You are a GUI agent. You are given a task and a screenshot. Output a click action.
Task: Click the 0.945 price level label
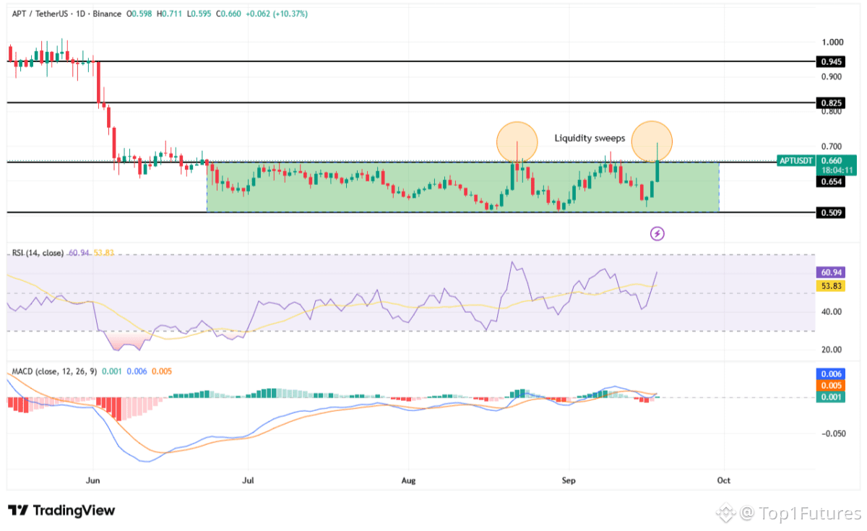pyautogui.click(x=830, y=61)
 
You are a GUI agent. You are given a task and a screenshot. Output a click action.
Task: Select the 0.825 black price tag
pyautogui.click(x=830, y=103)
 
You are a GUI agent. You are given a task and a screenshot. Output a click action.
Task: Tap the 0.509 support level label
pyautogui.click(x=830, y=212)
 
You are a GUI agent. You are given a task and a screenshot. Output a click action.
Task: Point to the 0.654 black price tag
pyautogui.click(x=830, y=181)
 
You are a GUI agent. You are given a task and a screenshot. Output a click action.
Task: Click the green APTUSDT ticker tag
pyautogui.click(x=795, y=160)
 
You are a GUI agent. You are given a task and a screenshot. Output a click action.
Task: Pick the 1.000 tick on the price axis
pyautogui.click(x=832, y=42)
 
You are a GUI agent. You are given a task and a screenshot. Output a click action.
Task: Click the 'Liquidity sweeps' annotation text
pyautogui.click(x=590, y=138)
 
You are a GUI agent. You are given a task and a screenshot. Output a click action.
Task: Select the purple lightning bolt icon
pyautogui.click(x=657, y=233)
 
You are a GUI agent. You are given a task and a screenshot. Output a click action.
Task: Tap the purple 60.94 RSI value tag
pyautogui.click(x=830, y=272)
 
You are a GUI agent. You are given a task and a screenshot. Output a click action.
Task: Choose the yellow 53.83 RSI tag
pyautogui.click(x=830, y=286)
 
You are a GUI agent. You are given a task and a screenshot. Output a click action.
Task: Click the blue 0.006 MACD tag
pyautogui.click(x=830, y=374)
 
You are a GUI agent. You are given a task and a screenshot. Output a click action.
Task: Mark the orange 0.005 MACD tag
pyautogui.click(x=830, y=386)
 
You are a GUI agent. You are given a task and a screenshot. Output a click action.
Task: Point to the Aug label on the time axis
pyautogui.click(x=408, y=480)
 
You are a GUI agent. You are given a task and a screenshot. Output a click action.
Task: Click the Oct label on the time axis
pyautogui.click(x=723, y=480)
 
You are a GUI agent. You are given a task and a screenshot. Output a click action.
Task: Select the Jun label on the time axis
pyautogui.click(x=93, y=480)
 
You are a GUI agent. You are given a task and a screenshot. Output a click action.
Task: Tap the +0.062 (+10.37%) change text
pyautogui.click(x=277, y=14)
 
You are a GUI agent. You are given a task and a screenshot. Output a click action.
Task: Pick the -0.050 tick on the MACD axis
pyautogui.click(x=833, y=433)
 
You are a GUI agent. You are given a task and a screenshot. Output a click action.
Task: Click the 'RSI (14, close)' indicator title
pyautogui.click(x=38, y=253)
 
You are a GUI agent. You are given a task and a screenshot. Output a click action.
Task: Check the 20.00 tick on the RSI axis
pyautogui.click(x=832, y=350)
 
